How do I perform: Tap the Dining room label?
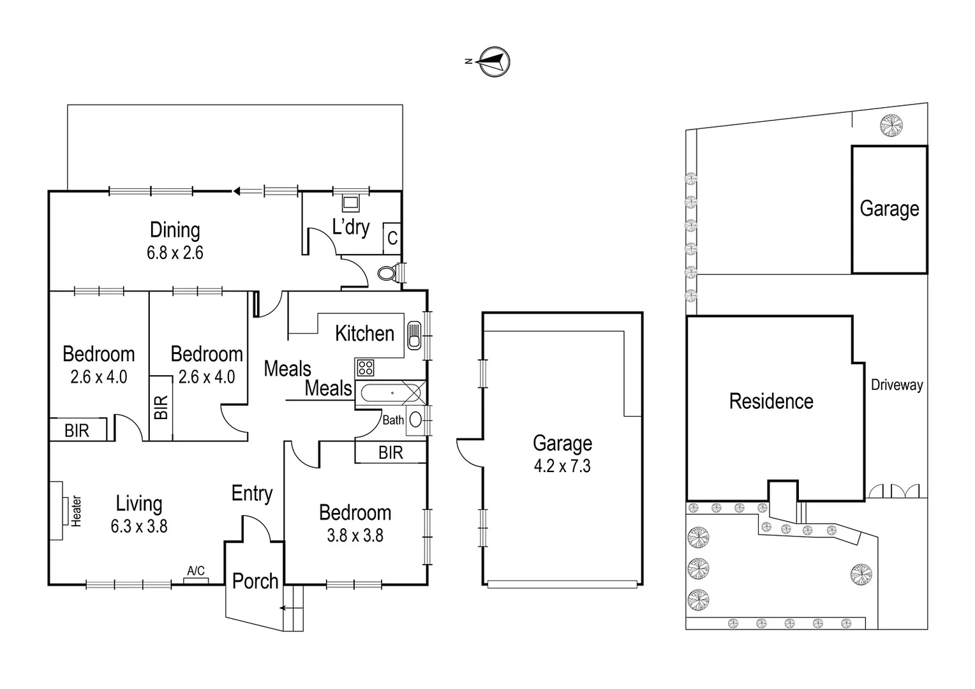pos(175,230)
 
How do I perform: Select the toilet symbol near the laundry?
pos(386,274)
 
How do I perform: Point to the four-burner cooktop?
pos(365,367)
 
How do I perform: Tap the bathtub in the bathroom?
pos(390,393)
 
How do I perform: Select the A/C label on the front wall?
pos(196,571)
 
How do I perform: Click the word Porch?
pos(255,581)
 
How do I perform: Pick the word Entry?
pos(251,493)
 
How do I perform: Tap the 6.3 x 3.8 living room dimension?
pos(138,526)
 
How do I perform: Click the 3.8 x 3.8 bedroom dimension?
pos(355,535)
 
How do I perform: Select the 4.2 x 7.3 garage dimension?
pos(562,466)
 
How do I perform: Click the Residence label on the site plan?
pos(771,401)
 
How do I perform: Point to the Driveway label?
pos(897,385)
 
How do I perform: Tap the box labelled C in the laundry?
pos(392,238)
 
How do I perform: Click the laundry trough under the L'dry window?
pos(350,203)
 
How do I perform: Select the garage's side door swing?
pos(469,452)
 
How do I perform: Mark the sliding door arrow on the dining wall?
pos(238,190)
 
